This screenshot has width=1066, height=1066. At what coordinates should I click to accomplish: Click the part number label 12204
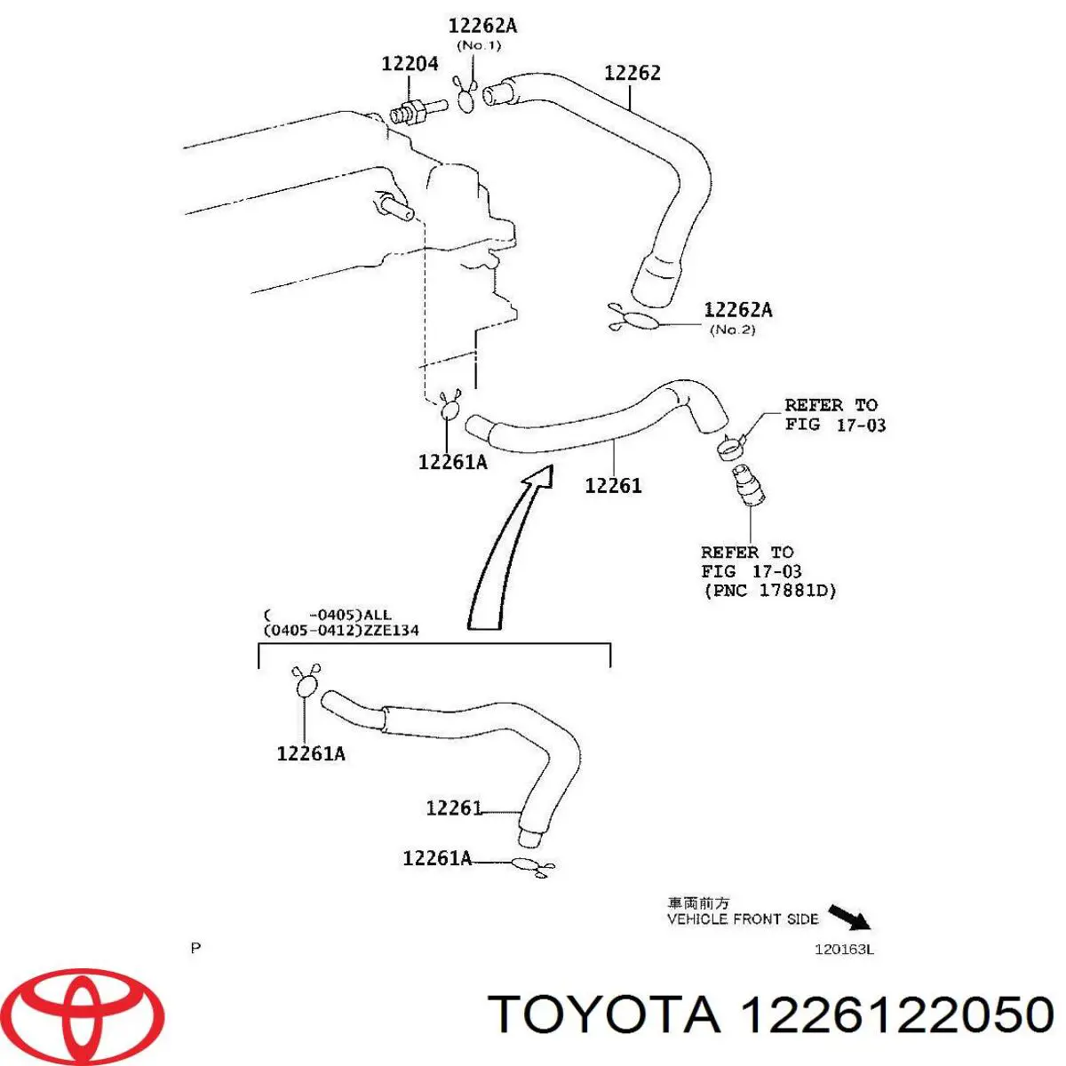410,63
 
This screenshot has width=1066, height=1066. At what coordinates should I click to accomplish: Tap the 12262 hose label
632,73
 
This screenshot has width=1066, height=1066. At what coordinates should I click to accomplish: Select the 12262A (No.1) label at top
481,27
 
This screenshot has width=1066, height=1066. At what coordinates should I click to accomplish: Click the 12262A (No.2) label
737,310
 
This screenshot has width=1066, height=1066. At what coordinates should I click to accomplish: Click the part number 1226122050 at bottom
896,1014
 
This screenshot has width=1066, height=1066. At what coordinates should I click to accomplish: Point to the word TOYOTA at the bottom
604,1014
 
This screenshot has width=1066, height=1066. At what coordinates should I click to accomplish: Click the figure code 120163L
844,949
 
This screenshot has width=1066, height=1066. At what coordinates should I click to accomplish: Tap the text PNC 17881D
769,590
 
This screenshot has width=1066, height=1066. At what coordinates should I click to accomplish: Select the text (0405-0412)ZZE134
341,630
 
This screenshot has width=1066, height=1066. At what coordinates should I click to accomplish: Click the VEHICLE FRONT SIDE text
742,919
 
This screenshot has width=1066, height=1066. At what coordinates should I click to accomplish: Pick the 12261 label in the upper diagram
613,485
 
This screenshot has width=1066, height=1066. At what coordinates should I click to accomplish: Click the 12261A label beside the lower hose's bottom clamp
436,858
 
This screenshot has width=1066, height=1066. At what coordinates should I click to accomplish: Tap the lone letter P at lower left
195,948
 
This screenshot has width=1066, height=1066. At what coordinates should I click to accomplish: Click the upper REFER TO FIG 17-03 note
834,415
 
